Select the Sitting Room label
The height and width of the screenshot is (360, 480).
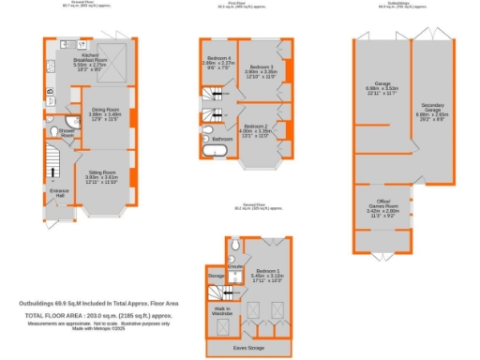coord(102,175)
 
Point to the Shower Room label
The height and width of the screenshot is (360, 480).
coord(67,133)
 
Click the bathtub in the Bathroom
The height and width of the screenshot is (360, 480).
coord(220,150)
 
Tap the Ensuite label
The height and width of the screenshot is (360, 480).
coord(235,266)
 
